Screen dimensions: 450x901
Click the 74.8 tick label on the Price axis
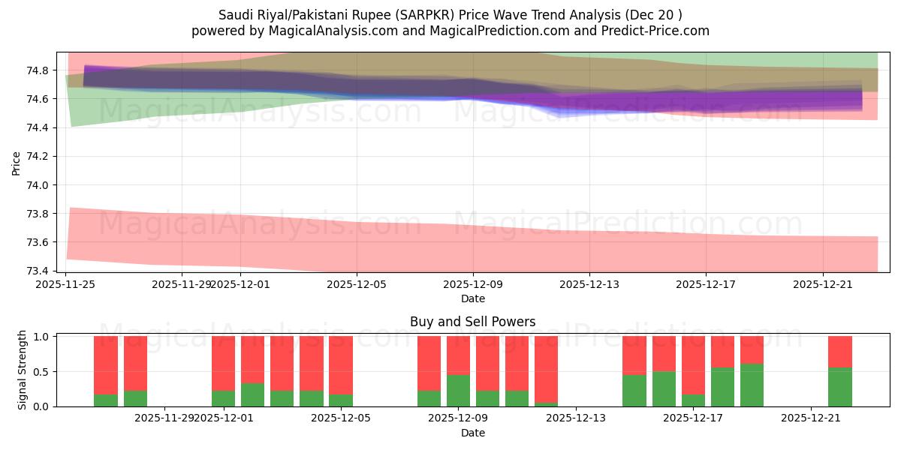[x=38, y=70]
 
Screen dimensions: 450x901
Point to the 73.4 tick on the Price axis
[x=38, y=271]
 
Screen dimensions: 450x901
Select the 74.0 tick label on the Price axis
[x=38, y=185]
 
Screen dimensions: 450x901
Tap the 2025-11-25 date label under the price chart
[x=66, y=284]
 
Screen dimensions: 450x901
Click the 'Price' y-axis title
[x=17, y=162]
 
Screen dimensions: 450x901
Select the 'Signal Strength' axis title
[x=23, y=370]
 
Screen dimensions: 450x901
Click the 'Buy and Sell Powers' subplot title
[x=472, y=322]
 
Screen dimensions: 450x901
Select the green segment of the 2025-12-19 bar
[x=752, y=385]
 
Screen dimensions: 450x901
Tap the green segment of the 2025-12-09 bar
[x=458, y=391]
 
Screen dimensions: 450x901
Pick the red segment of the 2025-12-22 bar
[x=839, y=352]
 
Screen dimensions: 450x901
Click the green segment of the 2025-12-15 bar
[x=634, y=391]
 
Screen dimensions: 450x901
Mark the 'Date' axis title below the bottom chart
[x=472, y=433]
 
